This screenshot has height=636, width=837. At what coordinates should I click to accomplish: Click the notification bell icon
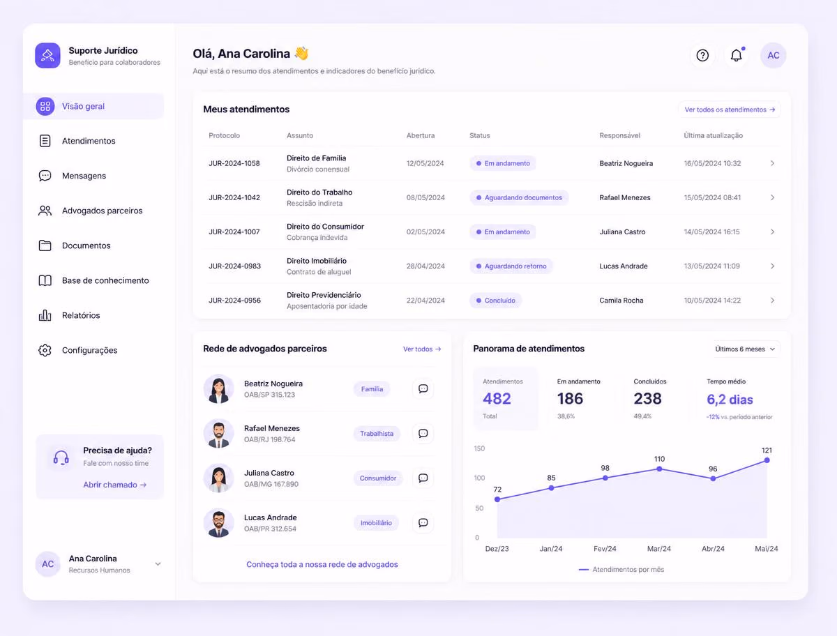(736, 56)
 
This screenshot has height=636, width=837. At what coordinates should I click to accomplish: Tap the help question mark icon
(702, 56)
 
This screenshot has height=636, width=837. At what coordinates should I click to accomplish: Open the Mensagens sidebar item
(84, 176)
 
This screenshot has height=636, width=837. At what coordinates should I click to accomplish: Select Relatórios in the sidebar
(81, 315)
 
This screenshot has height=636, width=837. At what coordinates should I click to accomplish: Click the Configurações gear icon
(45, 350)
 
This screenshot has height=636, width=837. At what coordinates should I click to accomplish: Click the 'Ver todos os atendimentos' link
(730, 109)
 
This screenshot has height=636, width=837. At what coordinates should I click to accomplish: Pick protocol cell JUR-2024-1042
(234, 197)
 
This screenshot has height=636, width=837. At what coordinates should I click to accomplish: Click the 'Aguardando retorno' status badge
(511, 266)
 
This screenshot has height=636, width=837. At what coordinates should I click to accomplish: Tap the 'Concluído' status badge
(496, 301)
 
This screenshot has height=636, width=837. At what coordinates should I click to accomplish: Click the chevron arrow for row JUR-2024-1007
(772, 232)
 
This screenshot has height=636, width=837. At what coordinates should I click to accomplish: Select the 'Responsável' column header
(619, 135)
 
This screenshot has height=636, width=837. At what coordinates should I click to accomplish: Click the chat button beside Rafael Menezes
(423, 433)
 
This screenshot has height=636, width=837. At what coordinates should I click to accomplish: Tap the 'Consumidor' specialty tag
(378, 478)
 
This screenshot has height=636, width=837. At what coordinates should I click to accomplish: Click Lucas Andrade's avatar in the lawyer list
(218, 523)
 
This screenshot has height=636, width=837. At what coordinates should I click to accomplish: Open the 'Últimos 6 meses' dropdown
(745, 349)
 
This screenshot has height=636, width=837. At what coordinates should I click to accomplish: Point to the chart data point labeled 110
(659, 469)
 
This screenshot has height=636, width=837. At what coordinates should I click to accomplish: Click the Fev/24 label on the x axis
(605, 549)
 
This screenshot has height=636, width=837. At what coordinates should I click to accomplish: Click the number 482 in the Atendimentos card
(497, 399)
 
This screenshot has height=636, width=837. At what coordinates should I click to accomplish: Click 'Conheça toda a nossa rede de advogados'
(322, 564)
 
